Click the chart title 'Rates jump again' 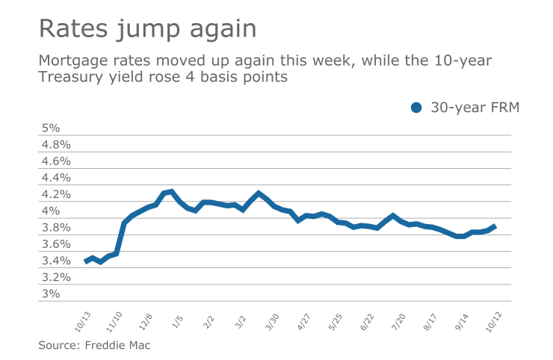click(x=147, y=29)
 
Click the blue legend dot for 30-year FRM click(x=416, y=108)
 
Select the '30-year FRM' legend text click(x=475, y=108)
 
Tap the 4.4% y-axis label click(x=55, y=178)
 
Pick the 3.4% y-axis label click(x=55, y=261)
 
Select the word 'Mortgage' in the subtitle click(x=73, y=60)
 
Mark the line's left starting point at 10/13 click(x=86, y=261)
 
